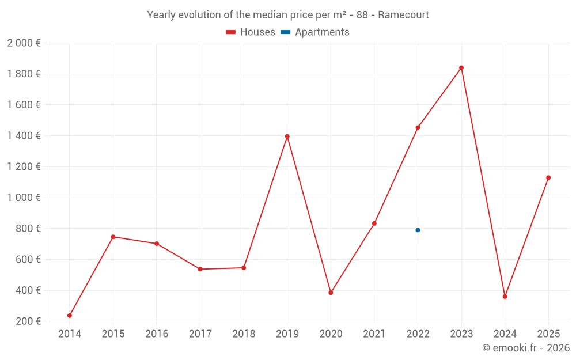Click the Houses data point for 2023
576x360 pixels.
click(x=461, y=68)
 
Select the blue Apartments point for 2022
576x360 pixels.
click(x=418, y=230)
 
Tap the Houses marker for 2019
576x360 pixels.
click(x=287, y=137)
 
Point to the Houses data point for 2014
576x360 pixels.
click(x=70, y=316)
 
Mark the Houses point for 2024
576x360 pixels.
click(x=505, y=297)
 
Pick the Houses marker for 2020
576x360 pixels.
click(x=331, y=293)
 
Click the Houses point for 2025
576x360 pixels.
click(x=548, y=177)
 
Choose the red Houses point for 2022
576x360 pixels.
click(x=418, y=127)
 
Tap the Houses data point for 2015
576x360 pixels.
click(x=113, y=237)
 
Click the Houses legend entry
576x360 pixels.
click(x=251, y=32)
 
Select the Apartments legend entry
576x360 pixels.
click(x=315, y=32)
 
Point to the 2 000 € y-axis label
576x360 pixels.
click(x=24, y=43)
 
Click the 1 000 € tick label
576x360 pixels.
click(x=24, y=198)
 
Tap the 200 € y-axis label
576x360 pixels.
click(x=27, y=321)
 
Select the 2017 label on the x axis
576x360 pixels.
click(x=200, y=334)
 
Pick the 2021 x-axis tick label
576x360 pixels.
click(x=374, y=334)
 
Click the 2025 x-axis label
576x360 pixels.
click(x=548, y=334)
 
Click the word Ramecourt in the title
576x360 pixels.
click(x=403, y=15)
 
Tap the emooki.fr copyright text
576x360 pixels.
click(x=526, y=348)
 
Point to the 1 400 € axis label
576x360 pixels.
click(x=24, y=136)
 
